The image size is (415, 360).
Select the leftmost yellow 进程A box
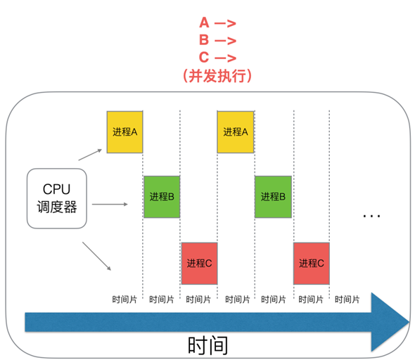click(x=124, y=131)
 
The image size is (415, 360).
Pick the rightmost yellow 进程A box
click(x=236, y=131)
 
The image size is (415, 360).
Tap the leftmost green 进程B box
click(x=162, y=197)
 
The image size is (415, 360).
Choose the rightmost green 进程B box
click(x=273, y=197)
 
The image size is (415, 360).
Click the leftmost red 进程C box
click(x=199, y=263)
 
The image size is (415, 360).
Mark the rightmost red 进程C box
click(x=311, y=263)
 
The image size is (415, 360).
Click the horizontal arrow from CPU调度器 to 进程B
click(x=109, y=205)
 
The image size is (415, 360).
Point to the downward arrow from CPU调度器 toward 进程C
click(x=97, y=256)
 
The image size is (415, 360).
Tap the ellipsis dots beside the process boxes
click(x=371, y=215)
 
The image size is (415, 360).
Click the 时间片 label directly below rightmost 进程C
click(x=311, y=299)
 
